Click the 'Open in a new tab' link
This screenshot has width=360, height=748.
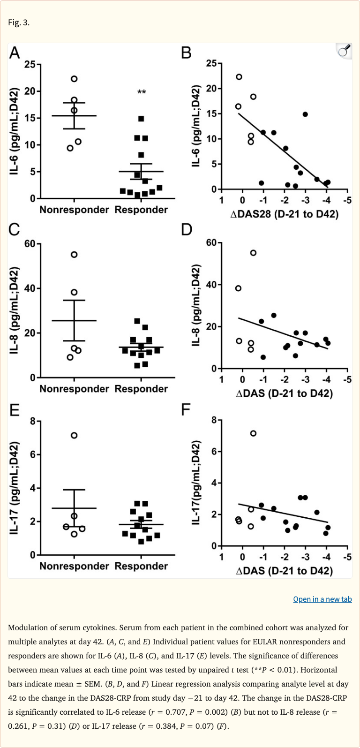[322, 599]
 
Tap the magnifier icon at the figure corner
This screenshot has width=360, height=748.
[344, 51]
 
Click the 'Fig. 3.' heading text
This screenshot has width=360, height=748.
[19, 23]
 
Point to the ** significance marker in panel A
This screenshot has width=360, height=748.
[141, 92]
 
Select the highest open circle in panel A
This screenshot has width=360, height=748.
[74, 79]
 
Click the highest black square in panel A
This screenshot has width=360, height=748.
[141, 119]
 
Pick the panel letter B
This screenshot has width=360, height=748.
[186, 53]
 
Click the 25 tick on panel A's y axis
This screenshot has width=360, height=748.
[30, 64]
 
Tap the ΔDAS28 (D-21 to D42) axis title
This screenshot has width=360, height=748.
[284, 214]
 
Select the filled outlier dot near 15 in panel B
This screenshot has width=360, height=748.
[305, 114]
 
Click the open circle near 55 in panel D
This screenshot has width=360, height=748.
[253, 253]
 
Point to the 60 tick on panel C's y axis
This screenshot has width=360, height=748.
[30, 244]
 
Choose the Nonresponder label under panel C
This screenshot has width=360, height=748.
[74, 389]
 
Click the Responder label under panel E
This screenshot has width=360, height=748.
[141, 566]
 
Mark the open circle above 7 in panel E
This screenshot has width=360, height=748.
[74, 435]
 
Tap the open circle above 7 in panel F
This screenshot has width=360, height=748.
[253, 433]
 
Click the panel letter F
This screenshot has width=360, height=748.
[186, 410]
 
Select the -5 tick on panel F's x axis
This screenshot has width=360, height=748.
[347, 557]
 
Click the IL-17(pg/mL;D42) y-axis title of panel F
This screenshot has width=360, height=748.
[197, 482]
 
